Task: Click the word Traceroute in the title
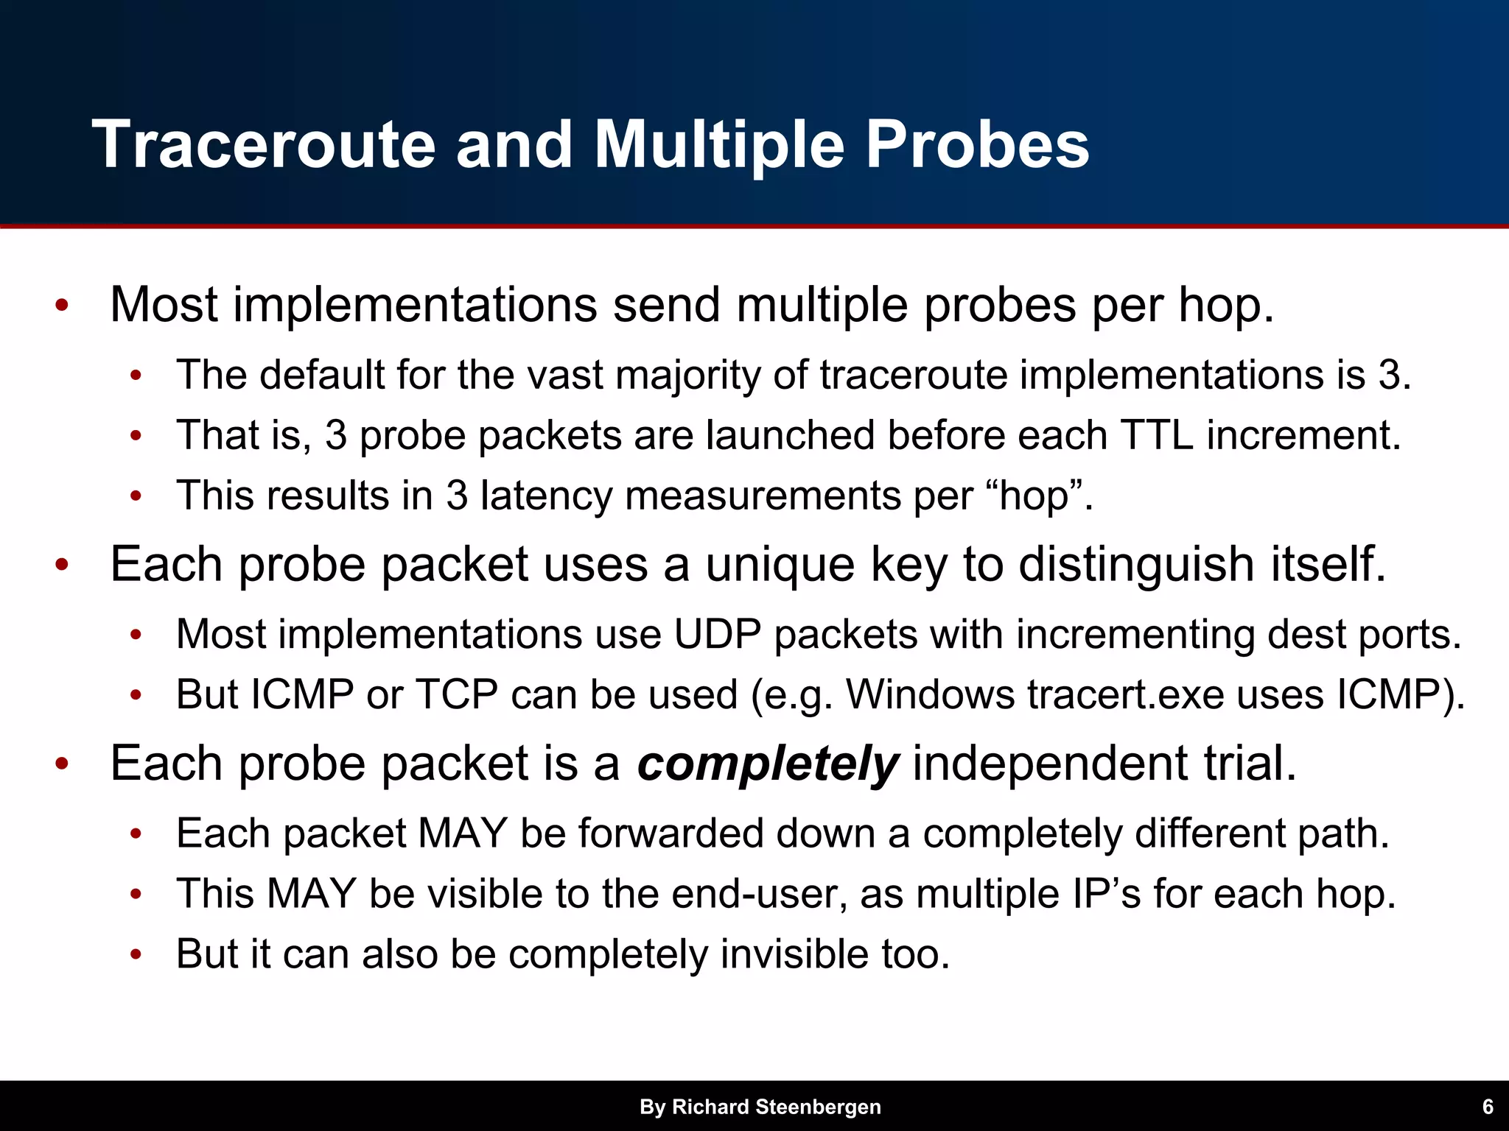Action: tap(263, 145)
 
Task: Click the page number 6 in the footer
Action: tap(1487, 1107)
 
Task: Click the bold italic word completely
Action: tap(767, 764)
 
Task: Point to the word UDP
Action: tap(717, 634)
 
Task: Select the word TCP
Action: tap(456, 694)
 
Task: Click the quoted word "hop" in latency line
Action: tap(1040, 496)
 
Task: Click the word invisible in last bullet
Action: tap(794, 954)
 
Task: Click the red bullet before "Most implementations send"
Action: tap(62, 305)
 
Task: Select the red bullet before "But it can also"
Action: tap(136, 955)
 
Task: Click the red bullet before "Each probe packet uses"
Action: tap(62, 565)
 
